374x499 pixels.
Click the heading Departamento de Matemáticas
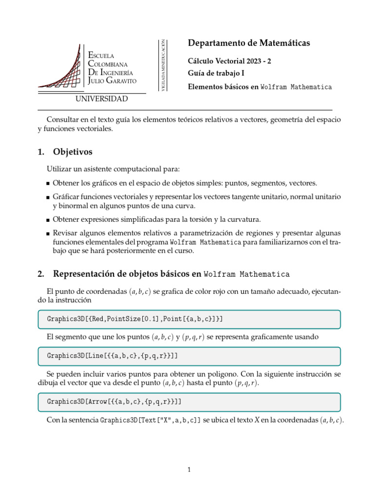point(248,43)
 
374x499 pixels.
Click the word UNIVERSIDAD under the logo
point(102,99)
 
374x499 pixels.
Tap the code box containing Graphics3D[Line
point(188,356)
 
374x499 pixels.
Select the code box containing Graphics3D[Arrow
point(188,402)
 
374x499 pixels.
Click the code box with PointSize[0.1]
point(188,319)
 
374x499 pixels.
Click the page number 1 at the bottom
point(189,470)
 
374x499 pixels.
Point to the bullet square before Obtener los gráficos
point(48,184)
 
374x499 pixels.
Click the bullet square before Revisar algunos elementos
point(48,233)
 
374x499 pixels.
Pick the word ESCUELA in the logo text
point(101,56)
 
